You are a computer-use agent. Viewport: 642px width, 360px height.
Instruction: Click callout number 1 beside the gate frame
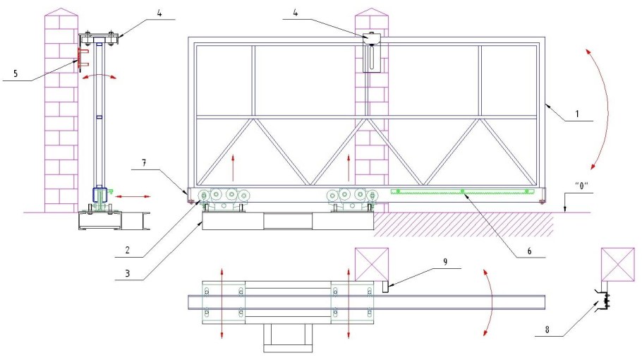tap(577, 114)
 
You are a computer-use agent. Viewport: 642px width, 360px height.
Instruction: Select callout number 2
tap(127, 250)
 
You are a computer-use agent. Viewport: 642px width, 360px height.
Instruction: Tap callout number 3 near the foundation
tap(127, 273)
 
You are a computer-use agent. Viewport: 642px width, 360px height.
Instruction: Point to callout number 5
tap(16, 73)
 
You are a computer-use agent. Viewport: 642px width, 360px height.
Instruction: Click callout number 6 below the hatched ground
tap(529, 251)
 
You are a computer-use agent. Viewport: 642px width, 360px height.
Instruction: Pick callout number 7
tap(144, 163)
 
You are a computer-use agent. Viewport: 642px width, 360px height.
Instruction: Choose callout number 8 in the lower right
tap(547, 329)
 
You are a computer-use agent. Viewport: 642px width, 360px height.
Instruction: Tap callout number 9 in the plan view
tap(445, 262)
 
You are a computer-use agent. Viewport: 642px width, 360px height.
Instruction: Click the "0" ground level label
tap(581, 186)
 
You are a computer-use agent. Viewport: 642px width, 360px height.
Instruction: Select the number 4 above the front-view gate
tap(295, 13)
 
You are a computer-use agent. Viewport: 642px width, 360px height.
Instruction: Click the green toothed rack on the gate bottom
tap(463, 191)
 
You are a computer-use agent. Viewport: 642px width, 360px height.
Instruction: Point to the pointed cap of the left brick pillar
tap(61, 12)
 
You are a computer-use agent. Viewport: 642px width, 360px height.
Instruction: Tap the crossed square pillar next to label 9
tap(372, 264)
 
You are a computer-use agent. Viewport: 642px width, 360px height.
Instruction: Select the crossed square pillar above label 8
tap(618, 265)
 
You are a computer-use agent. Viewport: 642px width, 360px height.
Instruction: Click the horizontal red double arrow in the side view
tap(133, 196)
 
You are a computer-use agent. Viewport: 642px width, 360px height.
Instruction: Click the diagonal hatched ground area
tap(464, 224)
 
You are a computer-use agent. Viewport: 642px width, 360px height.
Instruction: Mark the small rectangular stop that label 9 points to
tap(385, 287)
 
